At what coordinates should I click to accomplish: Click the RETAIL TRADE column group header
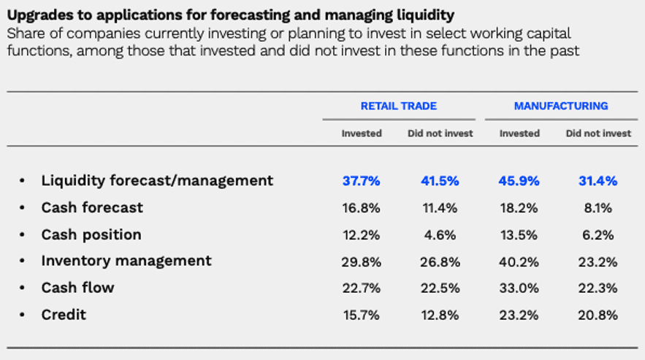398,106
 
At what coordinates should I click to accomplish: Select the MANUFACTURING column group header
560,106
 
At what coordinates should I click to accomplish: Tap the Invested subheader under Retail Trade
362,134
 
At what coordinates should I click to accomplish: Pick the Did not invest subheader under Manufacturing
598,134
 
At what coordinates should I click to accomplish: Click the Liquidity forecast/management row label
157,180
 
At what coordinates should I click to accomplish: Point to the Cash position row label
91,234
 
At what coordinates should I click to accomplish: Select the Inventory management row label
126,261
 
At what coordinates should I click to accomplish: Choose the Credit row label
64,315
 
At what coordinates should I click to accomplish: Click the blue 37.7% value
361,181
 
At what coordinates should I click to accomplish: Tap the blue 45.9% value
519,181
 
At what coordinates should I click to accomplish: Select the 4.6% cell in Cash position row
440,235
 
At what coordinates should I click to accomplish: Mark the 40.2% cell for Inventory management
519,261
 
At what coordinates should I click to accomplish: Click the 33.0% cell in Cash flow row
519,288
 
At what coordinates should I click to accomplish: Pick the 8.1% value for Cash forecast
598,208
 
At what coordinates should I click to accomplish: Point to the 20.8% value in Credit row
598,315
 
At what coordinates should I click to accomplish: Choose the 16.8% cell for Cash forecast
361,208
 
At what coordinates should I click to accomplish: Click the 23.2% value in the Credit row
519,315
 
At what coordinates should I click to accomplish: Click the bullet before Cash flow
23,288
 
